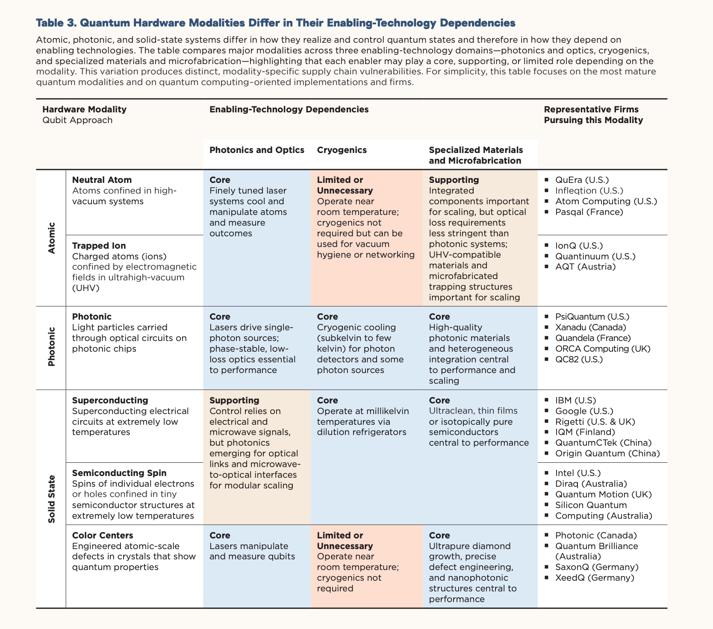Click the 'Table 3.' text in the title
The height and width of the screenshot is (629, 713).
(56, 23)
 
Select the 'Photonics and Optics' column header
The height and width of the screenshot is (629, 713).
(256, 150)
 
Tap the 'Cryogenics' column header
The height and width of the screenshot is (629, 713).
(342, 150)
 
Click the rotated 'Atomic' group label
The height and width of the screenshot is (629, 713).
(52, 238)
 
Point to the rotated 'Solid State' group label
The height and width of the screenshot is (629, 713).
(52, 499)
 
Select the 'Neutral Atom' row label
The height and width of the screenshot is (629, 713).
(102, 180)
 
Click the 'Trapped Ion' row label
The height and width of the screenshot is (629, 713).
(99, 246)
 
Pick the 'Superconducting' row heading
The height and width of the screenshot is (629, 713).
(110, 400)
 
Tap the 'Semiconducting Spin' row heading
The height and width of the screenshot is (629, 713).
(119, 473)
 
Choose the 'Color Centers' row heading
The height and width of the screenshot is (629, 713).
(103, 535)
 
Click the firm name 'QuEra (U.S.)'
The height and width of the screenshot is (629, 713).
(582, 180)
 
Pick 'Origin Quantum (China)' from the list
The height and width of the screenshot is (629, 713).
(607, 453)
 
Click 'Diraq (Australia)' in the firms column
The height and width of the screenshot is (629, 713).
(591, 484)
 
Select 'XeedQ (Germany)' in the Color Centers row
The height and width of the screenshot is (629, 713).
(595, 578)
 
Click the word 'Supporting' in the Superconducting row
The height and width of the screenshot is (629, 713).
(234, 400)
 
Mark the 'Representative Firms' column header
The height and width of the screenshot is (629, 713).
(591, 109)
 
